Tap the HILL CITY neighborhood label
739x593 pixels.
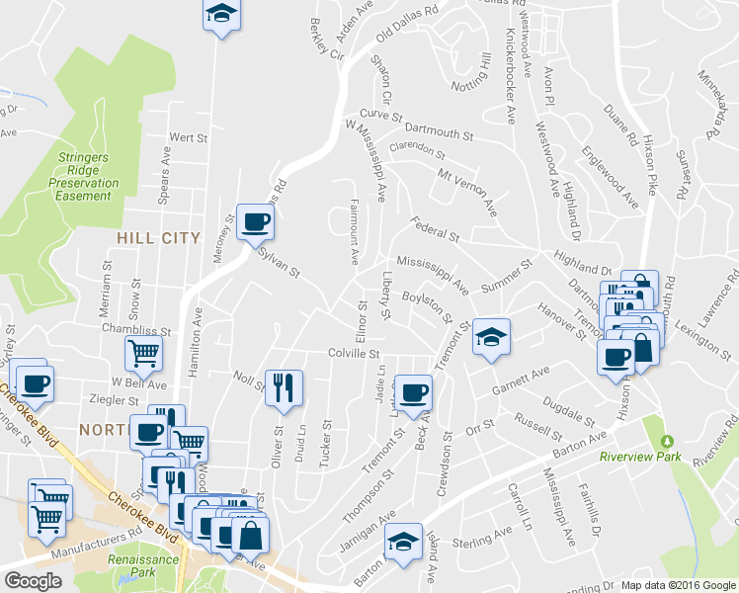(x=158, y=238)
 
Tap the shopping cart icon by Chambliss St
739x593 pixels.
(x=143, y=351)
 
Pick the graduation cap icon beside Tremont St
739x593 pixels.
(x=490, y=337)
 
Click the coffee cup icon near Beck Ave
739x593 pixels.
(x=414, y=391)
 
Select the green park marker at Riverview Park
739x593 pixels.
(x=666, y=441)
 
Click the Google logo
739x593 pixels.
(x=34, y=581)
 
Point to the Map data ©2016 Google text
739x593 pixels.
(x=677, y=584)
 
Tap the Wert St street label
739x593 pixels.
(x=186, y=136)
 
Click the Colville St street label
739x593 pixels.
(x=355, y=353)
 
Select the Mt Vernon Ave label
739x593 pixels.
(x=466, y=191)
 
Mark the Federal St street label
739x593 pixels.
(x=436, y=229)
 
